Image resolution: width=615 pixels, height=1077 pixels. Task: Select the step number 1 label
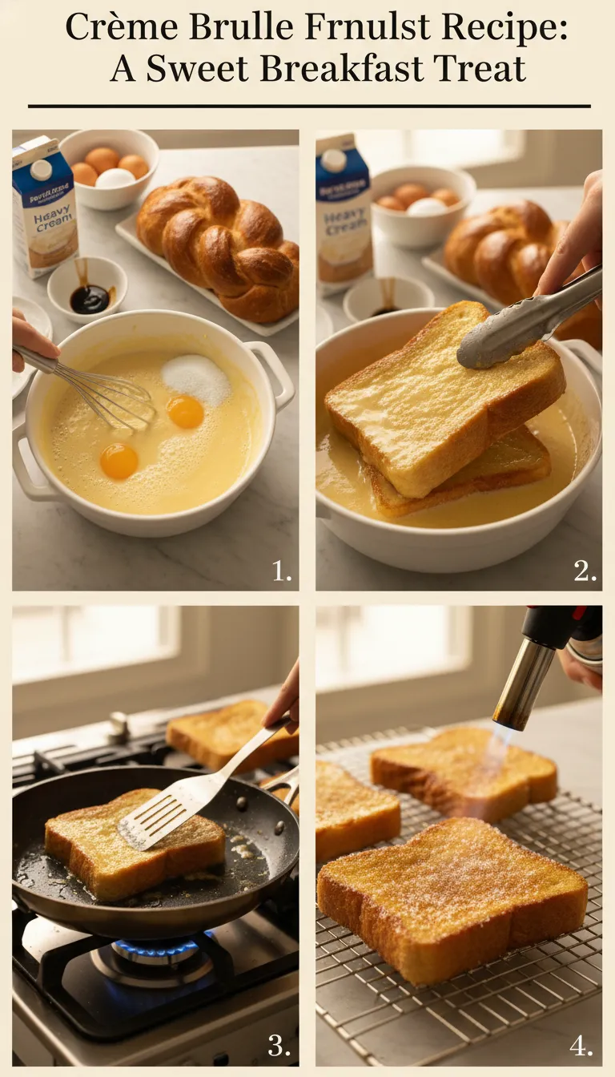point(281,571)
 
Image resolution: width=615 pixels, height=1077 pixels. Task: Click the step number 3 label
point(279,1047)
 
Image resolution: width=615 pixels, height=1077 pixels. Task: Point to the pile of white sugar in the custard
point(196,378)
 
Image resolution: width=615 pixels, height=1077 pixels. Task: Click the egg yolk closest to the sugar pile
point(185,412)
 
